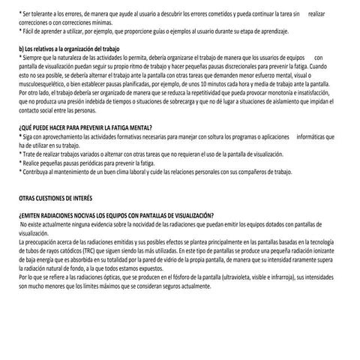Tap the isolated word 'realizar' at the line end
317,14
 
